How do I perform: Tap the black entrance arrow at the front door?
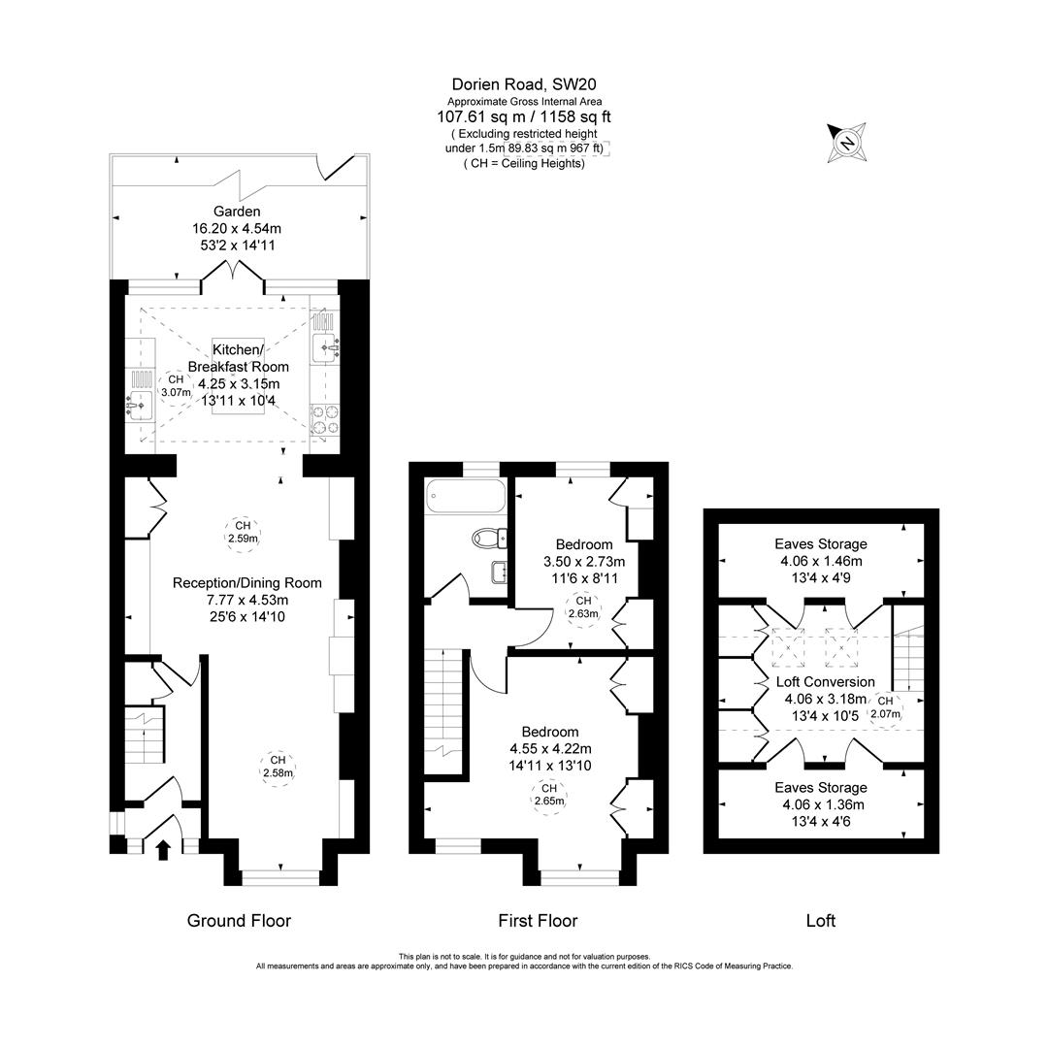click(163, 850)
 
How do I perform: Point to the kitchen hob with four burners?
click(324, 418)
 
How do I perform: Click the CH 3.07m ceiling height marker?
click(175, 385)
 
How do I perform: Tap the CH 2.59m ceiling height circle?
click(242, 532)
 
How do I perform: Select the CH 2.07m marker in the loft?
click(884, 707)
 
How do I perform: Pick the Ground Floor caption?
click(239, 921)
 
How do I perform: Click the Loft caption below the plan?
click(820, 921)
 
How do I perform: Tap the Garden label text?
click(238, 211)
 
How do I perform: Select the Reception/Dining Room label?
click(246, 583)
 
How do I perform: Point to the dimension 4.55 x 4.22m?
click(550, 748)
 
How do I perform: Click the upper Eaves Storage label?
click(820, 544)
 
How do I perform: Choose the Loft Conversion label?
click(825, 682)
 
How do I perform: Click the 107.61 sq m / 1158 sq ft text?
click(524, 117)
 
